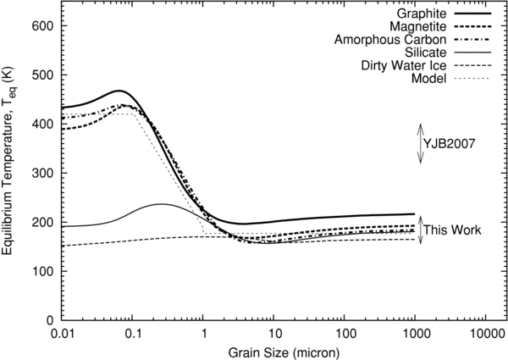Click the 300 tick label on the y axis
point(41,174)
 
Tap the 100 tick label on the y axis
point(41,272)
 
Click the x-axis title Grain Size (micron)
point(273,351)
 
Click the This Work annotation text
point(453,230)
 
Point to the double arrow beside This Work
point(420,230)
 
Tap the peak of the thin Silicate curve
point(161,204)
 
